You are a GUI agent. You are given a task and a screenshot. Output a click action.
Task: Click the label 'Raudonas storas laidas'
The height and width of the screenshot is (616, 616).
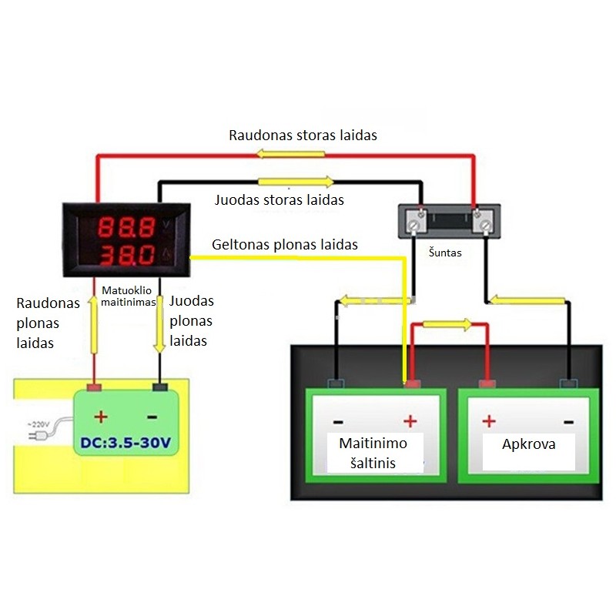pos(303,136)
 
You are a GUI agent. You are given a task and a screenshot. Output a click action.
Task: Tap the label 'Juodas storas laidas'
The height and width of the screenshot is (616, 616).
pos(280,199)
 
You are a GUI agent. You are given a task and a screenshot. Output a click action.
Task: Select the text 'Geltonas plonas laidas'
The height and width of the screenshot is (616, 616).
pos(285,244)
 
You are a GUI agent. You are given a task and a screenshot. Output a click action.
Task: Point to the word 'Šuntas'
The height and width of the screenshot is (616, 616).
pos(445,253)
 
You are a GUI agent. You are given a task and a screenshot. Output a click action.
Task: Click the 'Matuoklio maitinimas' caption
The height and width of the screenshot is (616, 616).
pos(128,296)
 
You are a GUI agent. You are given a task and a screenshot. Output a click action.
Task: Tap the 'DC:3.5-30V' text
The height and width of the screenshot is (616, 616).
pos(126,443)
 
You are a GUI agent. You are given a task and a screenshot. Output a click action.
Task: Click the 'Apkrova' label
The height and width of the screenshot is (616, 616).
pos(529,444)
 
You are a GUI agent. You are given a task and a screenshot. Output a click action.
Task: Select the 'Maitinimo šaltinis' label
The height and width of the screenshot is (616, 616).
pos(373,453)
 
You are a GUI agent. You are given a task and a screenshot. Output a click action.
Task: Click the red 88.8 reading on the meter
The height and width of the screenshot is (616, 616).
pos(126,227)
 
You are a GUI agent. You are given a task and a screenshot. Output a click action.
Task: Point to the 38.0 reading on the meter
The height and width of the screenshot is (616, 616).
pos(126,256)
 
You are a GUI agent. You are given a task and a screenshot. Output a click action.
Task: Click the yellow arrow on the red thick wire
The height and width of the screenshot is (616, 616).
pos(291,153)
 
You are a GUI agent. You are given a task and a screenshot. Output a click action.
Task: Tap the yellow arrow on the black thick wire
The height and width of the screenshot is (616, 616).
pos(296,182)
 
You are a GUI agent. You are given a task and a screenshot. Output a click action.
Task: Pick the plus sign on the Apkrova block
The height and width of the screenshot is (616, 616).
pos(489,421)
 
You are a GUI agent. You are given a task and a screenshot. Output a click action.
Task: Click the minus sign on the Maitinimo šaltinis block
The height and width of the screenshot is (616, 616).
pos(338,422)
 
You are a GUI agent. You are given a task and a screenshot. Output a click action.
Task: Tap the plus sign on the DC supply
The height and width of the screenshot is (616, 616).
pos(101,417)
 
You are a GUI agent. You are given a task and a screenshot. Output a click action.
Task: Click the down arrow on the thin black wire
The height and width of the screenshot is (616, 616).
pos(159,324)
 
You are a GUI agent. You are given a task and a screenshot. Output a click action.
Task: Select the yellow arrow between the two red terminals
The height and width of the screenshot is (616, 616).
pos(447,324)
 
